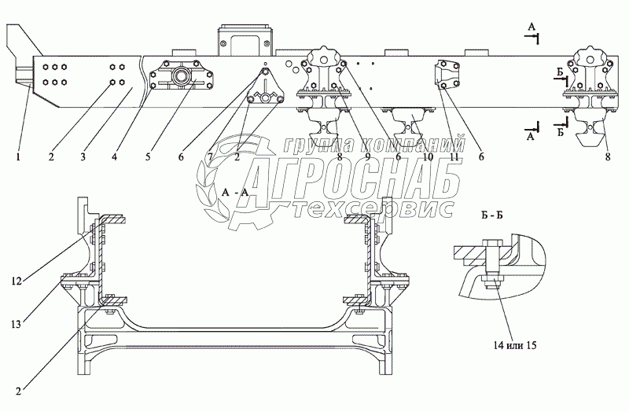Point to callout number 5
(x=147, y=156)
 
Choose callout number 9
(x=366, y=156)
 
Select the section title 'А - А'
(x=236, y=192)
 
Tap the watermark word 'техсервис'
(x=370, y=209)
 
